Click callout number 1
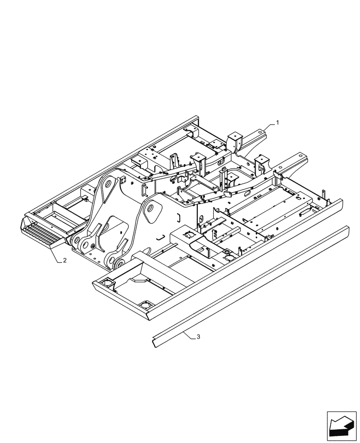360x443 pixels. click(x=278, y=122)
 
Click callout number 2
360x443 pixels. click(x=65, y=261)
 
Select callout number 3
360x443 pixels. click(x=198, y=338)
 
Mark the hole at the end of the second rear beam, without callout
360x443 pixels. click(x=302, y=156)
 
